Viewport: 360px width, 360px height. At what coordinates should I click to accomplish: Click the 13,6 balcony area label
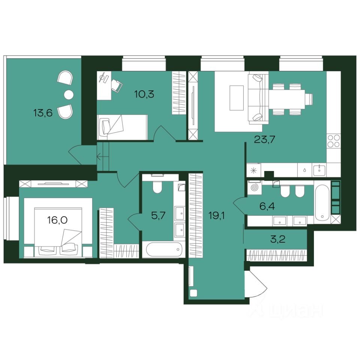[43, 113]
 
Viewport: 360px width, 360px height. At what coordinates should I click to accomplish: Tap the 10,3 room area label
[144, 94]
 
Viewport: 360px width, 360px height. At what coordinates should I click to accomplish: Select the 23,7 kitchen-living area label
[264, 139]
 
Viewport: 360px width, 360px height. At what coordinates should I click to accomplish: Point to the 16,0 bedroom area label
[57, 220]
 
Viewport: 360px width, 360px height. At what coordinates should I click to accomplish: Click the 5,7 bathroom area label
[159, 216]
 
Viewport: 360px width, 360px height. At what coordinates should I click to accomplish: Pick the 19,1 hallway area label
[216, 216]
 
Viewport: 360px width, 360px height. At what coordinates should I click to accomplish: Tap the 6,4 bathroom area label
[267, 206]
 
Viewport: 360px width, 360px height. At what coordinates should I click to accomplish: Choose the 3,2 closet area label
[278, 240]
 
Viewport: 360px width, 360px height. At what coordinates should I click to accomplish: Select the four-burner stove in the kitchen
[334, 141]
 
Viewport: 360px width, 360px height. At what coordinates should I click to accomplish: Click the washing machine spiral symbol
[255, 187]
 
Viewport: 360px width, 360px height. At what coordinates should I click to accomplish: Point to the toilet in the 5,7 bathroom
[157, 187]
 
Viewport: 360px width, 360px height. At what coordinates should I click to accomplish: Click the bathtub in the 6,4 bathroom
[322, 203]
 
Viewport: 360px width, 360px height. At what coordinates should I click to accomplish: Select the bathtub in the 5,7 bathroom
[164, 250]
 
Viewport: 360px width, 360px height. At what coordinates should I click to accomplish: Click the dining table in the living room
[287, 99]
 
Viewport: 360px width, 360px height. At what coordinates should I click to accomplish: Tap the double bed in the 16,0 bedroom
[58, 231]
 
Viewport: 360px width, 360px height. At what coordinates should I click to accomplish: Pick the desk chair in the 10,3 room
[117, 86]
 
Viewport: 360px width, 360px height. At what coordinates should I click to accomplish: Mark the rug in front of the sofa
[237, 98]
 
